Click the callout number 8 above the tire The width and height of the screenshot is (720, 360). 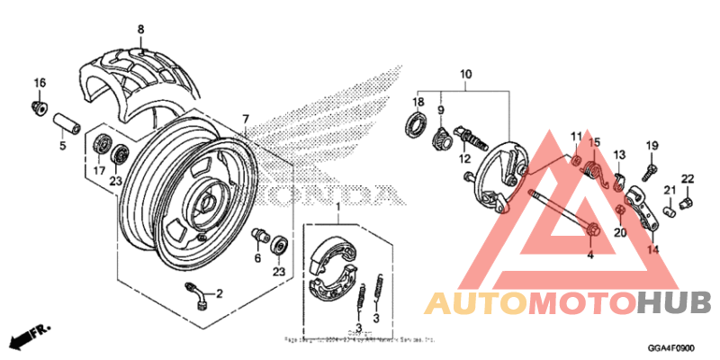pyautogui.click(x=140, y=30)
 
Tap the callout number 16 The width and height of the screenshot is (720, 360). pyautogui.click(x=40, y=84)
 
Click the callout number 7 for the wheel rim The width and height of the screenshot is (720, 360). pyautogui.click(x=245, y=119)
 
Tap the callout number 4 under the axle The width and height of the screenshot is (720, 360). pyautogui.click(x=591, y=256)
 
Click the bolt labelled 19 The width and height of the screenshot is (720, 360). pyautogui.click(x=649, y=168)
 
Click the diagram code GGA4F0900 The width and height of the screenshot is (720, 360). pyautogui.click(x=671, y=346)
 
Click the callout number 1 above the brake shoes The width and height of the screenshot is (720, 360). pyautogui.click(x=338, y=208)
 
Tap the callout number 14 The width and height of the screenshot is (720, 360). pyautogui.click(x=652, y=249)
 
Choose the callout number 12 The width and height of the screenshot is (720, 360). pyautogui.click(x=466, y=158)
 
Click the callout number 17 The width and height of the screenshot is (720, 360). pyautogui.click(x=100, y=169)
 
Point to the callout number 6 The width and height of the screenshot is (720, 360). pyautogui.click(x=257, y=258)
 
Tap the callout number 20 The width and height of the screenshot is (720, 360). pyautogui.click(x=619, y=232)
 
